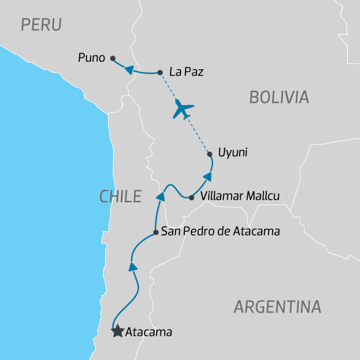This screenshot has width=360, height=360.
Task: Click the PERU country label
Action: pos(41,24)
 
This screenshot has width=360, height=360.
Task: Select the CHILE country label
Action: pos(120,196)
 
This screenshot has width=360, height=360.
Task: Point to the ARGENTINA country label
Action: pos(277,307)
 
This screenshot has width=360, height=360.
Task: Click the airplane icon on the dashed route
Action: pos(184,110)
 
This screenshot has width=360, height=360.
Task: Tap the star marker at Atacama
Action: pos(117,332)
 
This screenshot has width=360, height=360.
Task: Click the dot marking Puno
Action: pos(112,59)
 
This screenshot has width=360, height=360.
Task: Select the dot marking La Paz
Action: pos(160,72)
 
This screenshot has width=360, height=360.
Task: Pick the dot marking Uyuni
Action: pos(210,153)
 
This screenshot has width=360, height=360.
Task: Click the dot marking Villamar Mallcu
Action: pos(191,197)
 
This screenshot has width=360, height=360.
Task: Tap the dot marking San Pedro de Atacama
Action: pos(156,232)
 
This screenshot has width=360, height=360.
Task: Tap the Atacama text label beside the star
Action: pos(149,333)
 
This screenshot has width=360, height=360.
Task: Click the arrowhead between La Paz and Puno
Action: pos(130,69)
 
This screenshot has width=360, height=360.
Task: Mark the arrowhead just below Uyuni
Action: pos(207,176)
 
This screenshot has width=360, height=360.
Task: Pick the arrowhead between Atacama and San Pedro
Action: pos(132,267)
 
